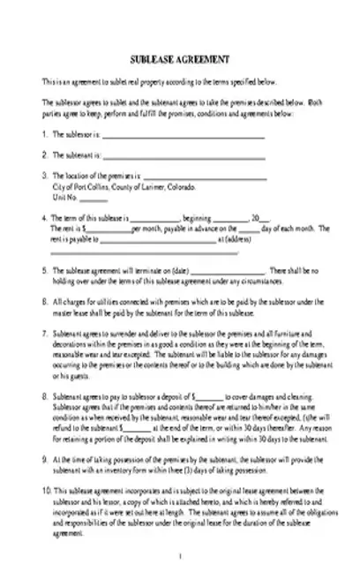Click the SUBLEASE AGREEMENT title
point(180,59)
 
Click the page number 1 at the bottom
point(180,554)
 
